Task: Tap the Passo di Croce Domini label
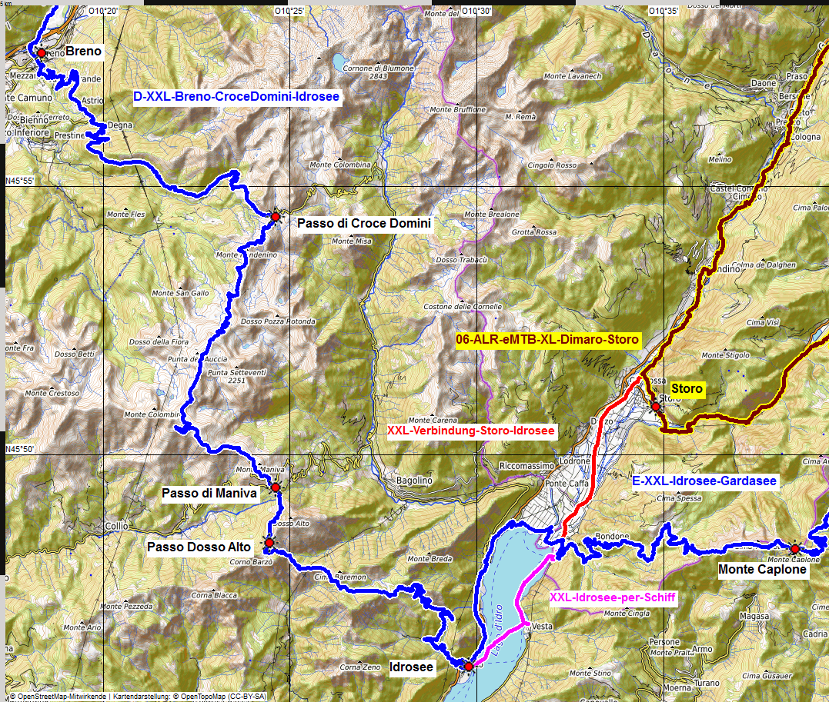(x=363, y=224)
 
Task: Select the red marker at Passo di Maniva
(x=275, y=487)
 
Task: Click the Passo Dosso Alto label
(x=199, y=547)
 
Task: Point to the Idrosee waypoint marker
(x=468, y=666)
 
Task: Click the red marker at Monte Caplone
(x=794, y=548)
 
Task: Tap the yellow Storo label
(x=687, y=389)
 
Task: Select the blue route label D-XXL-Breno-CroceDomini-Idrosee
(x=236, y=97)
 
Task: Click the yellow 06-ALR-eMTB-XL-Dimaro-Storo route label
(x=547, y=339)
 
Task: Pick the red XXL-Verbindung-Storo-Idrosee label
(x=471, y=431)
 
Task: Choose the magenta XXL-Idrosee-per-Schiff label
(x=613, y=597)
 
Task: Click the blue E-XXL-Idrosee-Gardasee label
(x=704, y=481)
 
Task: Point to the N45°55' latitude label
(x=21, y=181)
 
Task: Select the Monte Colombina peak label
(x=339, y=165)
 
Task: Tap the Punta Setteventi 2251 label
(x=236, y=376)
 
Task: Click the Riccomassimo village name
(x=526, y=466)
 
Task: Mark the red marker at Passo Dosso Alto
(x=269, y=543)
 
